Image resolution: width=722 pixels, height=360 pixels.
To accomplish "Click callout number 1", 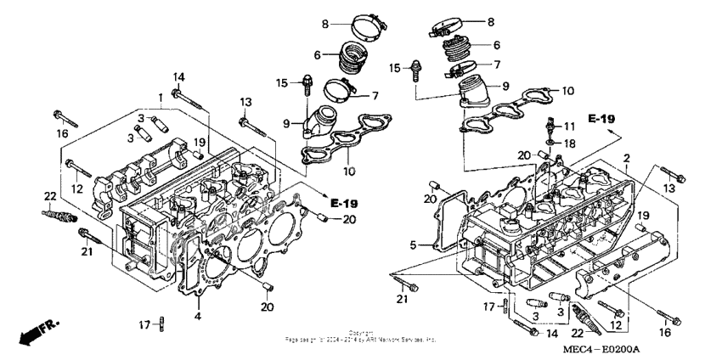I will pos(159,97).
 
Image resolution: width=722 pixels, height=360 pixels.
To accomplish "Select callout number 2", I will pos(625,159).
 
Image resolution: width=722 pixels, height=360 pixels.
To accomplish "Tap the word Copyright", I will pos(360,334).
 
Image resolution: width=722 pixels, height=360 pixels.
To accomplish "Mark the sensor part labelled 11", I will pos(551,125).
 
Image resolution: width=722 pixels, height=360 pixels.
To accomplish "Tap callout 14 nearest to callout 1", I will pos(179,77).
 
